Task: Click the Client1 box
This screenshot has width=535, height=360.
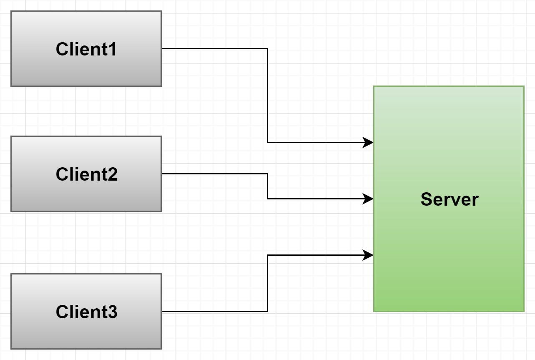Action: tap(86, 48)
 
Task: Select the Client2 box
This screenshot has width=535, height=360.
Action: tap(86, 174)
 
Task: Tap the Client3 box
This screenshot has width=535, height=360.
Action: tap(86, 311)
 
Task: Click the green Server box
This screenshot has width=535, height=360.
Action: tap(449, 199)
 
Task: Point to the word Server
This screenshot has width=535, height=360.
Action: tap(450, 199)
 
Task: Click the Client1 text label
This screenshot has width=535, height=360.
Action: tap(86, 49)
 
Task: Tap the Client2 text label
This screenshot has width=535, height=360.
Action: tap(86, 174)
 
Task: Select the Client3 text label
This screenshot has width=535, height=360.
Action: tap(86, 312)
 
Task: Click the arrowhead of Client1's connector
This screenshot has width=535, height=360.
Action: tap(368, 142)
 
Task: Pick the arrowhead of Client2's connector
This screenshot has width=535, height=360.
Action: tap(368, 199)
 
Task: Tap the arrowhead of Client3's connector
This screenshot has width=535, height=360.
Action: tap(368, 255)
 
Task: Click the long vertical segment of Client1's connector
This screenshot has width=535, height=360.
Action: tap(268, 96)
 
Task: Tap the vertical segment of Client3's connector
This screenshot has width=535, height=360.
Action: tap(268, 283)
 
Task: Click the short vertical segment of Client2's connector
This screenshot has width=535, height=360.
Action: tap(268, 186)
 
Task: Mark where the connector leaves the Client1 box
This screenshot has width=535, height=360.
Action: tap(162, 48)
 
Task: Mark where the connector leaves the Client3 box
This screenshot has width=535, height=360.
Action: tap(162, 311)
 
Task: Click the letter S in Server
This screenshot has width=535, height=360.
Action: tap(426, 199)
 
